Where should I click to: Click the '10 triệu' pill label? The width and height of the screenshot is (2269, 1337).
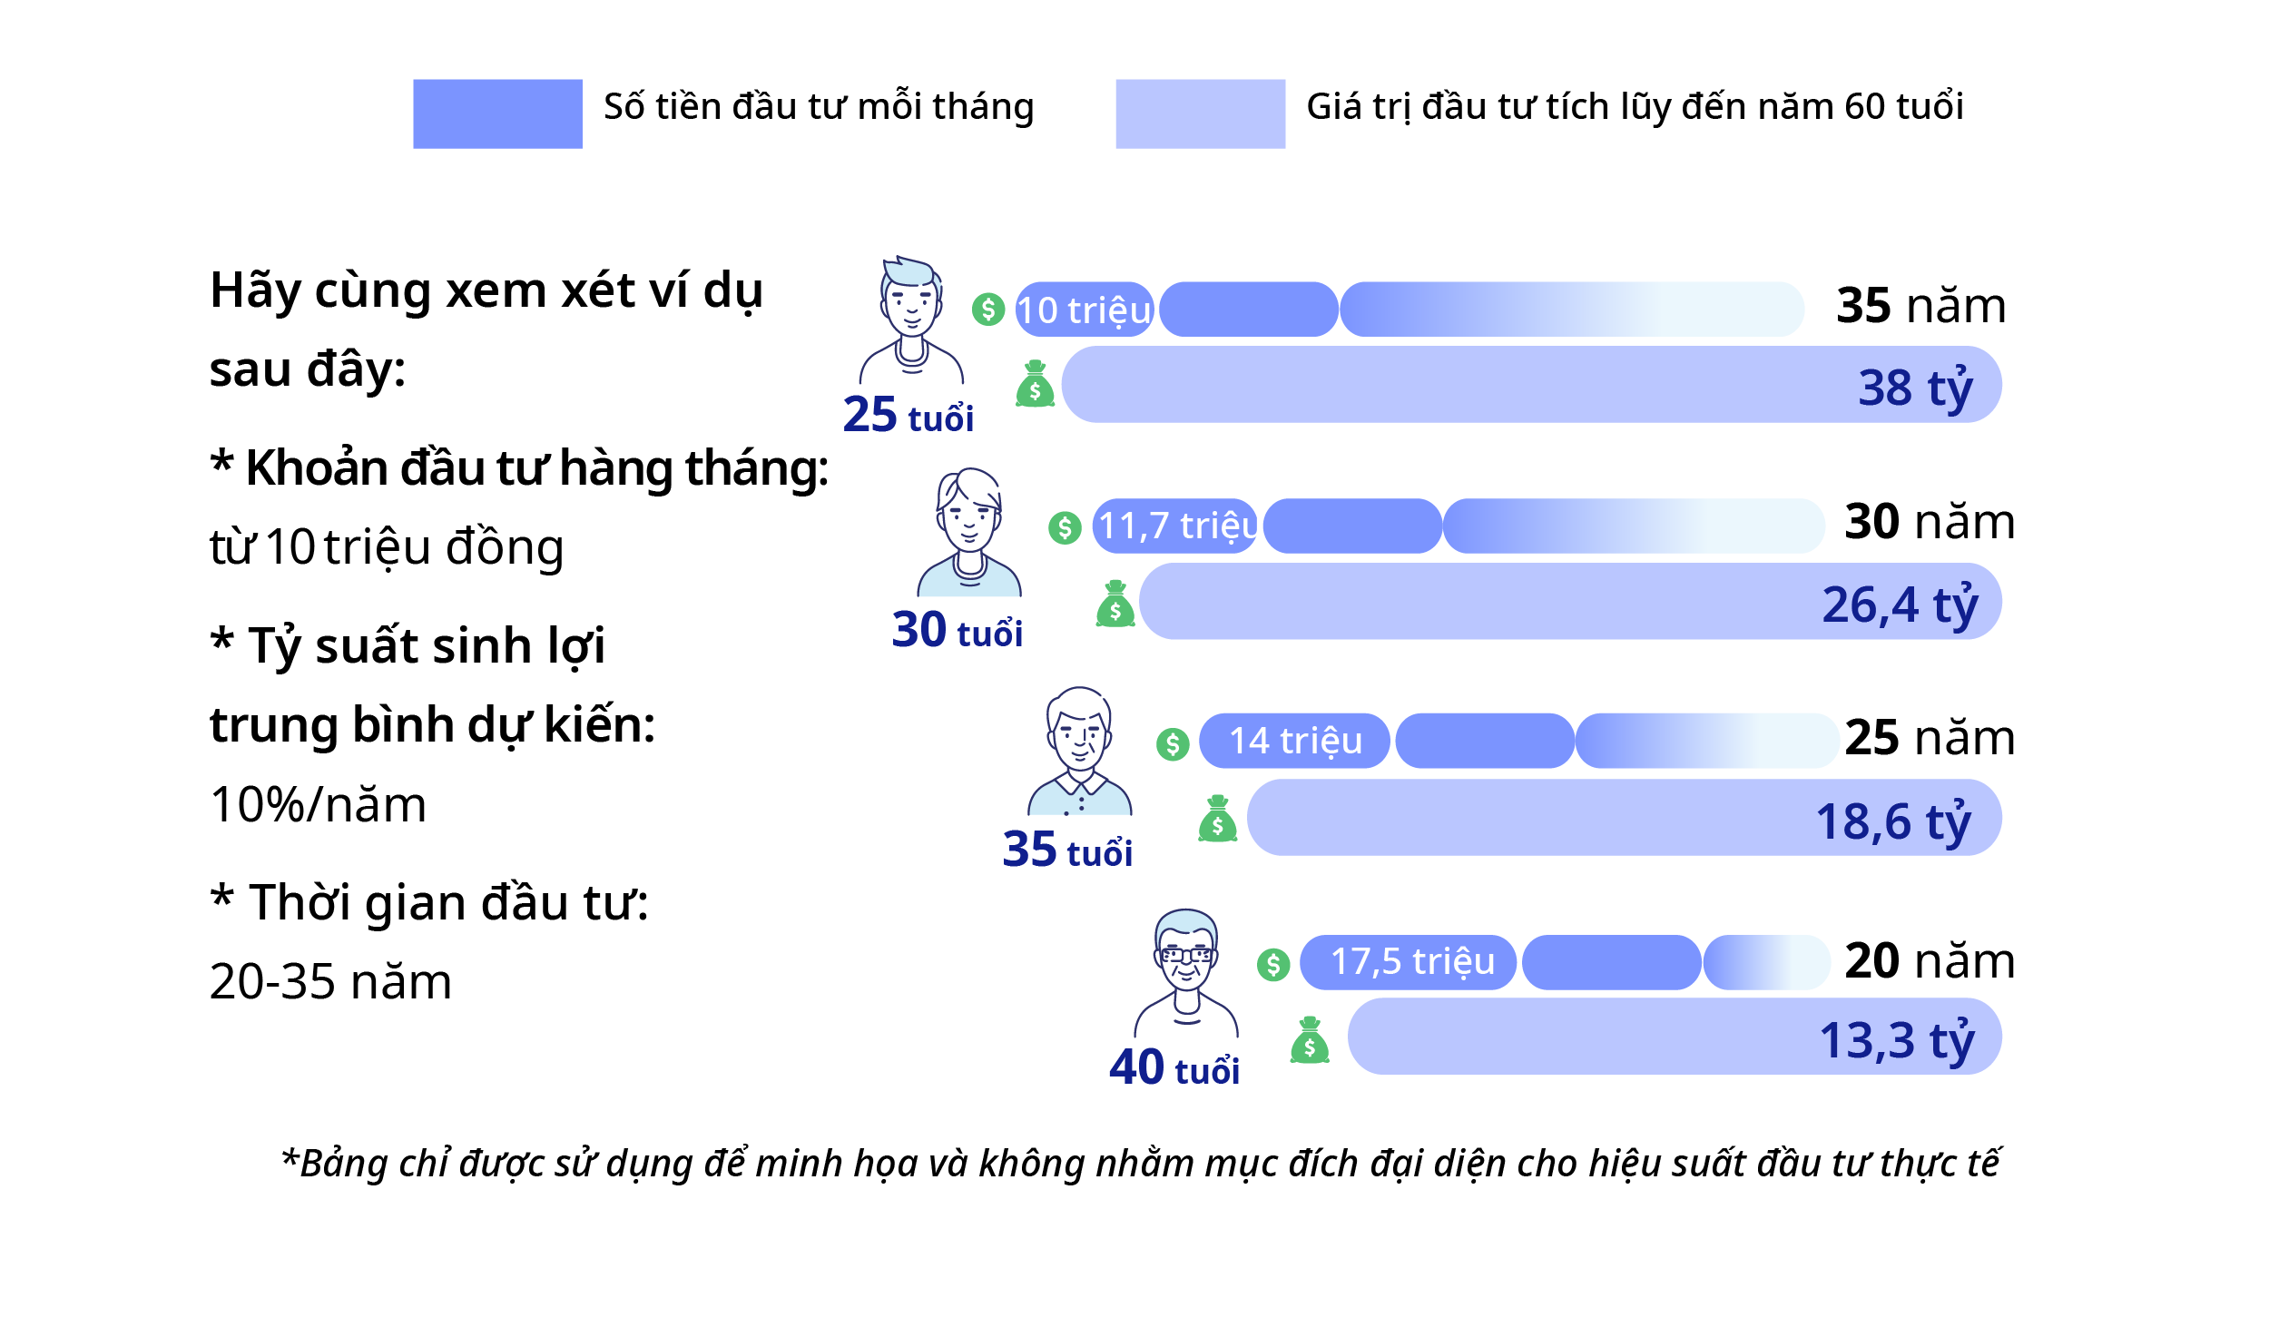pos(1084,310)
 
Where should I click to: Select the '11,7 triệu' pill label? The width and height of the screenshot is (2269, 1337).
pos(1177,526)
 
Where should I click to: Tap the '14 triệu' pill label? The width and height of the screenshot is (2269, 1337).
pos(1295,741)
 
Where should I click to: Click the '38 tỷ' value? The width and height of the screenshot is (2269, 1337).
pos(1915,388)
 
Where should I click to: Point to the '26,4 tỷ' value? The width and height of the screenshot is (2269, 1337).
pos(1900,605)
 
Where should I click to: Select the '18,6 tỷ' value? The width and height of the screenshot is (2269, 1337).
pos(1893,822)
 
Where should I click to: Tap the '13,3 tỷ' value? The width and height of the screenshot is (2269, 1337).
pos(1897,1041)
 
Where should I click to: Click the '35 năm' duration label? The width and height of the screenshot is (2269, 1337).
pos(1920,305)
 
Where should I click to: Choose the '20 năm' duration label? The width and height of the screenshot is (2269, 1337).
pos(1930,960)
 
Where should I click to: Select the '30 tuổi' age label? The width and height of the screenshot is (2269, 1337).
pos(957,630)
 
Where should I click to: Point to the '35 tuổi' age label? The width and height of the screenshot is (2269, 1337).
pos(1067,850)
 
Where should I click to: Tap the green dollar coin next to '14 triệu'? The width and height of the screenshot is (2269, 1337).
pos(1173,744)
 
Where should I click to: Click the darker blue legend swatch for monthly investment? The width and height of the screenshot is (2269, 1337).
pos(497,113)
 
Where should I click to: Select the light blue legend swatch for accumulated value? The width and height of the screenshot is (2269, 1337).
pos(1200,113)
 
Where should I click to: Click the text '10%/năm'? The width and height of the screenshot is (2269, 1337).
pos(318,805)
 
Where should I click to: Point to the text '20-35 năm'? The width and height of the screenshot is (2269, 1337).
pos(330,982)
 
